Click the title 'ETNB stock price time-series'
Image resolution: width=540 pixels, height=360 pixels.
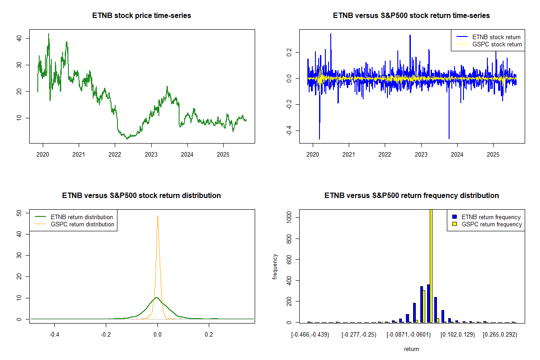tap(141, 16)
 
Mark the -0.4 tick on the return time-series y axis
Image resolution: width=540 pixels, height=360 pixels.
tap(288, 130)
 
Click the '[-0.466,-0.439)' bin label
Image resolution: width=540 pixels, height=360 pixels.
tap(310, 335)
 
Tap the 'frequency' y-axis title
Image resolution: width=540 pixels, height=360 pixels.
tap(275, 266)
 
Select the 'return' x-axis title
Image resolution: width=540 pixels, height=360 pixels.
tap(411, 349)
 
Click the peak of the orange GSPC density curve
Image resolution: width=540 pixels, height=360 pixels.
tap(157, 216)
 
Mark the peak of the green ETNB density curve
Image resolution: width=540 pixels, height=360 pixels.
tap(156, 297)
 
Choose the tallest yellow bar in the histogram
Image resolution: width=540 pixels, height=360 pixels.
tap(431, 265)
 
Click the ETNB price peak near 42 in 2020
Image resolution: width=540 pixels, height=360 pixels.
tap(49, 34)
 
